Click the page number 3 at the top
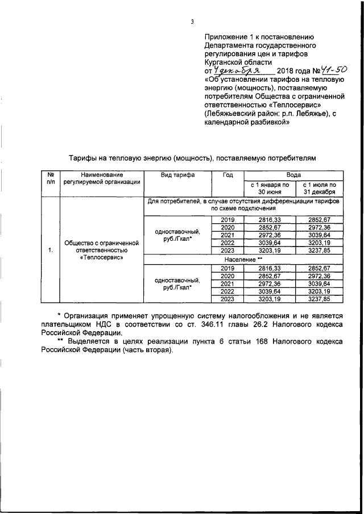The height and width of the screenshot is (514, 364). click(192, 22)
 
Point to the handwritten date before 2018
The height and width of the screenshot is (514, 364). click(236, 70)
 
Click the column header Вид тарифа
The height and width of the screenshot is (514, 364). click(177, 175)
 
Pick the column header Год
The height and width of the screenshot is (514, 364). click(227, 175)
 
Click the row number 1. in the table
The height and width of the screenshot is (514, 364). click(50, 250)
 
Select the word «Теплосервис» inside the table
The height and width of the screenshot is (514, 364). click(102, 257)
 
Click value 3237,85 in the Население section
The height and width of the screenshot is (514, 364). click(318, 299)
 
